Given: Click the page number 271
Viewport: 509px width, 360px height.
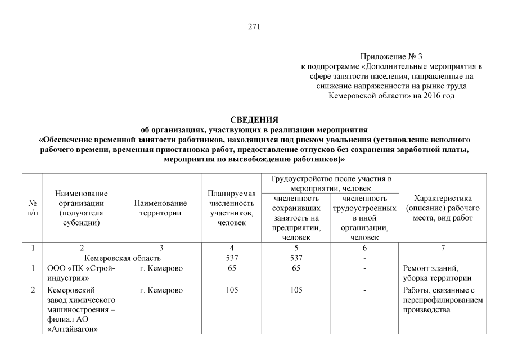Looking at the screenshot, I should pos(254,26).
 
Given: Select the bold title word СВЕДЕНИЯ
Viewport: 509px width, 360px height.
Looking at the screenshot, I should pos(254,120).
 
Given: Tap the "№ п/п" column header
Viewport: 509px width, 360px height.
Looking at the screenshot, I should pos(33,208).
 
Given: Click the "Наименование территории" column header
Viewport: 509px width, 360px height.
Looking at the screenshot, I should pos(161,208).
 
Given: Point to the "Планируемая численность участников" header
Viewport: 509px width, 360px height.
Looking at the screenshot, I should pos(232,208).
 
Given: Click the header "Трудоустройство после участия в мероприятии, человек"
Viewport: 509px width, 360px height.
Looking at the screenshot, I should pos(331,183).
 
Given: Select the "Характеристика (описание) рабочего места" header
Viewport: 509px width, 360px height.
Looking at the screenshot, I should pos(443,208).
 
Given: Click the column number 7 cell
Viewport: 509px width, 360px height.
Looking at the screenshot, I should pos(443,247).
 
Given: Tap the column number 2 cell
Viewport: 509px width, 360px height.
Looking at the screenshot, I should pos(82,247).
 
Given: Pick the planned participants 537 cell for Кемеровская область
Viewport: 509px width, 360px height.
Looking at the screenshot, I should pos(232,258).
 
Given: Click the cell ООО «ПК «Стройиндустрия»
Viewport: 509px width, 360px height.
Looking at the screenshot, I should pos(82,273).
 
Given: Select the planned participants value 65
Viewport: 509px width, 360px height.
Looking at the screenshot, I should pos(232,268).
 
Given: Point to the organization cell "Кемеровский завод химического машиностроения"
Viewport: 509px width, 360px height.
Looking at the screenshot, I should pos(82,309).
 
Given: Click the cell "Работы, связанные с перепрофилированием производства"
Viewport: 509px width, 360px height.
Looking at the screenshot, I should pos(443,300).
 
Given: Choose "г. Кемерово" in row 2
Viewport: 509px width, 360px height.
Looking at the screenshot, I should pos(161,290).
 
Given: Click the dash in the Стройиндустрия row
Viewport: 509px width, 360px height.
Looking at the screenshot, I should pos(365,268).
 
